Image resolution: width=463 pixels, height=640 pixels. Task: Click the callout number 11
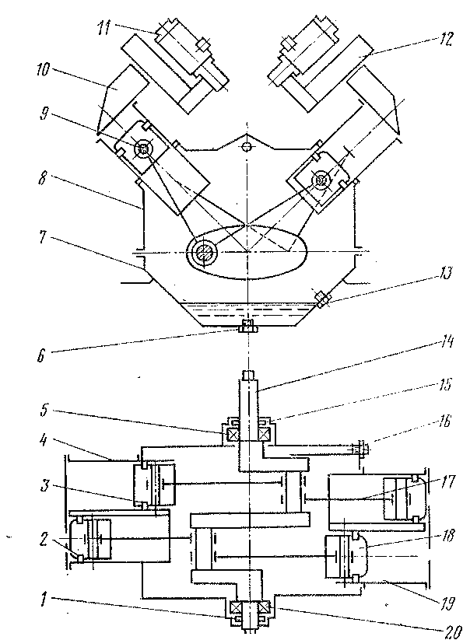click(103, 28)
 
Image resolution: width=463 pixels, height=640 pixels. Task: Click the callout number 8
click(44, 178)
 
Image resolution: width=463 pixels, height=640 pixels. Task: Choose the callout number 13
click(444, 273)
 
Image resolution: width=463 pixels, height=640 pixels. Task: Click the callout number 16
click(444, 421)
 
